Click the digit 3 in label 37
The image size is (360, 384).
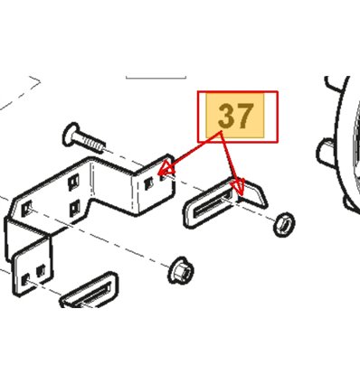pos(226,117)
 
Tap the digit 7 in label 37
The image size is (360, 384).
pos(243,117)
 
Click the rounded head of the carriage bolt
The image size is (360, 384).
pos(71,135)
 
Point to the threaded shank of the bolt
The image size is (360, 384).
pos(91,143)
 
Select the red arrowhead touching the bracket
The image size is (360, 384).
pos(167,169)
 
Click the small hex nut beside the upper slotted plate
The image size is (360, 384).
pos(284,224)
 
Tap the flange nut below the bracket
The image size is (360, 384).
pos(181,270)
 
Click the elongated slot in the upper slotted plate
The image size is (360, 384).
pos(210,206)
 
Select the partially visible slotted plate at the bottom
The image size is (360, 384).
pos(89,290)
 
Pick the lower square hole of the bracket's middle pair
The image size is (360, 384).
pos(74,209)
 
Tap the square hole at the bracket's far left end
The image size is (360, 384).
pos(26,208)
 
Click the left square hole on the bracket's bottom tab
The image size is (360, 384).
pos(26,279)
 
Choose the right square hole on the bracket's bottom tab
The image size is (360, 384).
pos(41,271)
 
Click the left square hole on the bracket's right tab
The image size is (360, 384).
pos(148,183)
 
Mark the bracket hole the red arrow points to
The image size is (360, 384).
pos(163,177)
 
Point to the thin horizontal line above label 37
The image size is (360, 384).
pos(156,78)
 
